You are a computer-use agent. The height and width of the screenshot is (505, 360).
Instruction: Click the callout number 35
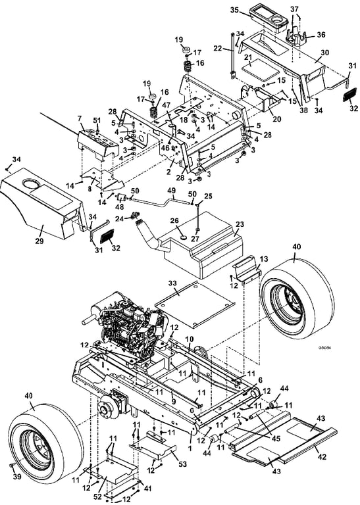pos(234,10)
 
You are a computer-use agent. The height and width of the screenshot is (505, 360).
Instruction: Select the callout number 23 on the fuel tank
pos(240,224)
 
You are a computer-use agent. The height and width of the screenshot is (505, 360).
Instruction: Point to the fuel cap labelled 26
pos(184,237)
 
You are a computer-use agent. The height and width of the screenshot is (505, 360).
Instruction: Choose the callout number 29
pos(39,241)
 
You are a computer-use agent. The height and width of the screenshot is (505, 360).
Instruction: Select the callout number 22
pos(218,48)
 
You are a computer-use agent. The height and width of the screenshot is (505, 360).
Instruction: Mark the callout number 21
pos(247,57)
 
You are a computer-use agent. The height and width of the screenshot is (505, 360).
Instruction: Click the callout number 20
pos(276,119)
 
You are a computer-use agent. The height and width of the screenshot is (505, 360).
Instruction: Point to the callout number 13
pos(264,259)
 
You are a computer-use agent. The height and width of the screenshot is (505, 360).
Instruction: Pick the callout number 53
pos(182,464)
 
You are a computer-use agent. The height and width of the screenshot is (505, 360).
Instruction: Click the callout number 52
pos(97,496)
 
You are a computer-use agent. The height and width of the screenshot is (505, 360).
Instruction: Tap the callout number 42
pos(322,456)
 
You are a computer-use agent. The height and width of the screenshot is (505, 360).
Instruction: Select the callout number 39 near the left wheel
pos(16,476)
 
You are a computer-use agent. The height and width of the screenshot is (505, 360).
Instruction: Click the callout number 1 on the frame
pos(190,448)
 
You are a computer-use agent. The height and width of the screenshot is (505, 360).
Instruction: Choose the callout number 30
pos(324,52)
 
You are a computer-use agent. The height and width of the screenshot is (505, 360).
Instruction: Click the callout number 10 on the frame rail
pos(190,339)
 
